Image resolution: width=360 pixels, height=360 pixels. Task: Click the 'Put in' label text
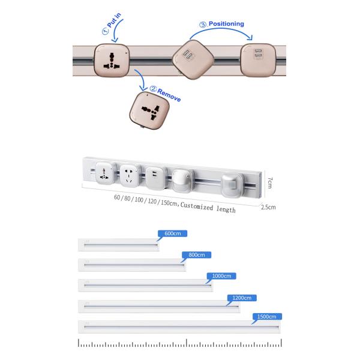[114, 20]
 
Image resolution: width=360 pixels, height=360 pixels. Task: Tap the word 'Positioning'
[226, 23]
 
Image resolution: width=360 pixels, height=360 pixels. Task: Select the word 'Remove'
[169, 95]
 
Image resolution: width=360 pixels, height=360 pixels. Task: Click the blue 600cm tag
[172, 233]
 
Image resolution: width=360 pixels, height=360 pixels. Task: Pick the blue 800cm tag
[197, 255]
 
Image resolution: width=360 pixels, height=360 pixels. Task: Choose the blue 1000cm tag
[221, 276]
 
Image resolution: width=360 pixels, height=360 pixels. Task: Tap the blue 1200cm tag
[242, 298]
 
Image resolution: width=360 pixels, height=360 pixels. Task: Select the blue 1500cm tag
[267, 317]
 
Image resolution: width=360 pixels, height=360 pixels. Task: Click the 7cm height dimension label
[270, 182]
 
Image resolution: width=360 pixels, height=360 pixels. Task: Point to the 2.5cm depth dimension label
[268, 207]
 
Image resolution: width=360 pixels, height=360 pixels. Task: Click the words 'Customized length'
[208, 208]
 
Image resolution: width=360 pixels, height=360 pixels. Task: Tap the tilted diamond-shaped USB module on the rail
[193, 59]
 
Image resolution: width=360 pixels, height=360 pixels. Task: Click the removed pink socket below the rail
[149, 110]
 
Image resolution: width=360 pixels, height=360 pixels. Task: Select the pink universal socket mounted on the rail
[112, 60]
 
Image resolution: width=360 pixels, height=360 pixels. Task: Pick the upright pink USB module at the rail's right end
[258, 60]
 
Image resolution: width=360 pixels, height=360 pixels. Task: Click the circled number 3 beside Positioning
[203, 25]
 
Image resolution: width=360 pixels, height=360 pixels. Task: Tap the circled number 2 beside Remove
[153, 89]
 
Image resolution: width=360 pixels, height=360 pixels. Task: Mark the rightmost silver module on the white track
[232, 185]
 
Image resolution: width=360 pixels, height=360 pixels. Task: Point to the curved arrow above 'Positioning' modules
[221, 31]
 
